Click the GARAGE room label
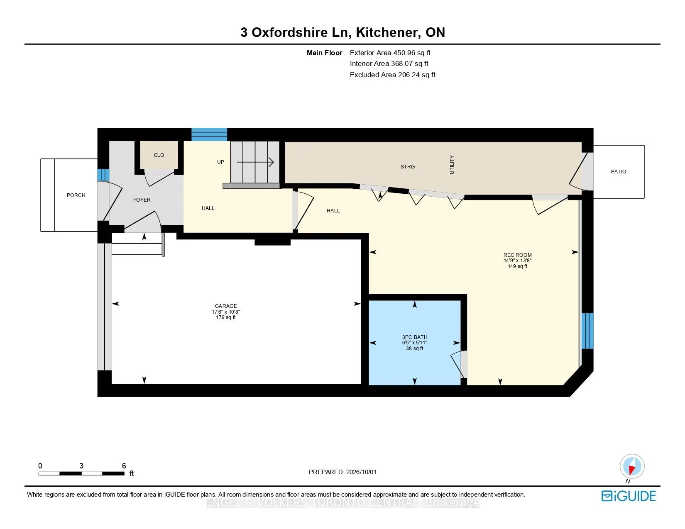click(226, 306)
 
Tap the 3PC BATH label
click(415, 337)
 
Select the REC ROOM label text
click(517, 255)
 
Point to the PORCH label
click(76, 195)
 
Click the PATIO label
click(619, 172)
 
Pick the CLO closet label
click(159, 155)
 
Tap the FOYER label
click(142, 200)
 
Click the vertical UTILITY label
click(452, 164)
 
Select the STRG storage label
click(408, 167)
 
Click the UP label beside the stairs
click(221, 162)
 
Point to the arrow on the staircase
click(255, 162)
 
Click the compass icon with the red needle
click(632, 467)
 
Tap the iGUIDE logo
click(629, 496)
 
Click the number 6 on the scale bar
click(124, 466)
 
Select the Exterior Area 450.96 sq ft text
click(390, 53)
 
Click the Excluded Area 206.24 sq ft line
click(392, 75)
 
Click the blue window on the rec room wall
click(587, 331)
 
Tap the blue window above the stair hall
click(209, 134)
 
